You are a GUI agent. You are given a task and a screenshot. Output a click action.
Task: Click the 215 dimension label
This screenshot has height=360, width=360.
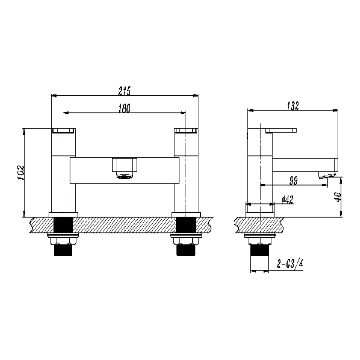(125, 91)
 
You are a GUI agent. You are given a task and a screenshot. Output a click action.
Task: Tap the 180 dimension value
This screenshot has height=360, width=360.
(125, 108)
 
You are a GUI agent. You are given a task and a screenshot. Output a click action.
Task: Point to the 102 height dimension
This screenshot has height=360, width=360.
(21, 172)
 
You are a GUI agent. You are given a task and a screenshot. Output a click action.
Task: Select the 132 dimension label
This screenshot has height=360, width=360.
(293, 106)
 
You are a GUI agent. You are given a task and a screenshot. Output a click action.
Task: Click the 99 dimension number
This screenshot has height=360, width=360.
(293, 181)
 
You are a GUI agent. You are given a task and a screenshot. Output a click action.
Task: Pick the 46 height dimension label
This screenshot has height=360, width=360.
(338, 197)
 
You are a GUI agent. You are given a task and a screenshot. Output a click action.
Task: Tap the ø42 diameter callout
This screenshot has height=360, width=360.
(288, 200)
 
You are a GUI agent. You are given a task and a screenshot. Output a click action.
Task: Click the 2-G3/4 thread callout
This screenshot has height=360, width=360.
(290, 264)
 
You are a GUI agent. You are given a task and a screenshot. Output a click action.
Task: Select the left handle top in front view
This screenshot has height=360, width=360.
(63, 130)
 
